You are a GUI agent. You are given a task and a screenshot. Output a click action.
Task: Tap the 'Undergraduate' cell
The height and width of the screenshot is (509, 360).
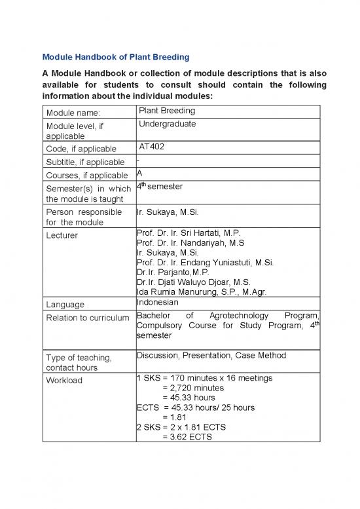[167, 124]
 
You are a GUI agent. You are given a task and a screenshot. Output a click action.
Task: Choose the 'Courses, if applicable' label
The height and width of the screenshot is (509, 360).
[86, 175]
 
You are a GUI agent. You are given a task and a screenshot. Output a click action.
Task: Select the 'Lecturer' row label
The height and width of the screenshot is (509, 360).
[62, 235]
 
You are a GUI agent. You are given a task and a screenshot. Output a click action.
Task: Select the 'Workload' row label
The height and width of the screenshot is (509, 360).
[64, 380]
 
